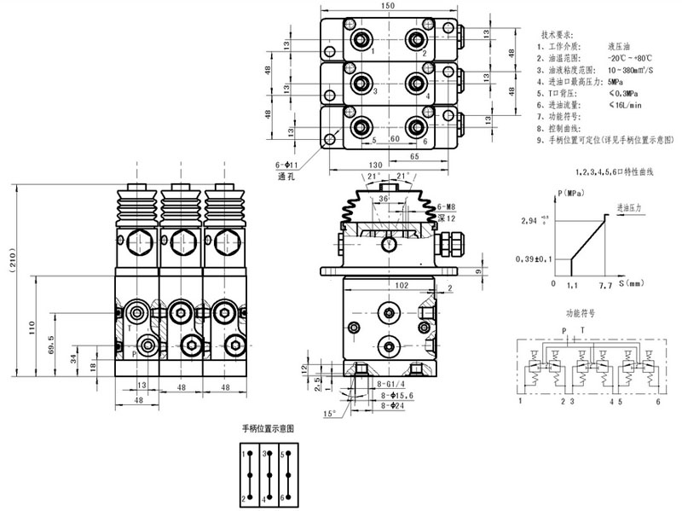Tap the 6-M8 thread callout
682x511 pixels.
[x=448, y=207]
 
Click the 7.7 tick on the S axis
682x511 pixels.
[x=606, y=283]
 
